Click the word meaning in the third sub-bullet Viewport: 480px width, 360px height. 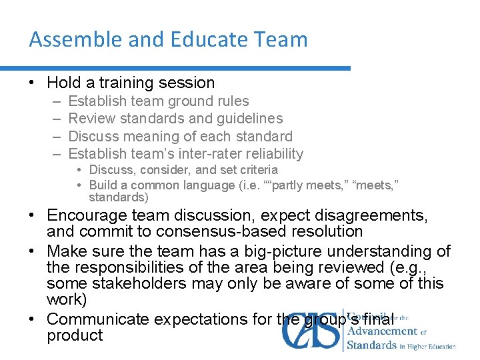tap(153, 137)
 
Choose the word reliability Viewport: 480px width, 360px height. tap(275, 154)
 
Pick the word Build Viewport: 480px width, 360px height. tap(103, 185)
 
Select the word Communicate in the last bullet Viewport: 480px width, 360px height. tap(99, 319)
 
